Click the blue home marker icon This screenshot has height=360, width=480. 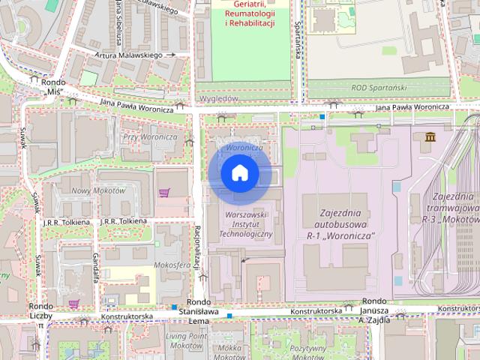tap(240, 174)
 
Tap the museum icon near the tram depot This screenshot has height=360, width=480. tap(430, 137)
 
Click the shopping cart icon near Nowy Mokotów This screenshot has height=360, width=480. tap(163, 193)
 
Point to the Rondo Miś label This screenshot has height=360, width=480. tap(53, 87)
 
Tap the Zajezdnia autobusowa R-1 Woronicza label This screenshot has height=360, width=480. tap(346, 224)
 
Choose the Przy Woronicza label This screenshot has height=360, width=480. tap(149, 136)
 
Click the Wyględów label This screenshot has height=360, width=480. tap(218, 98)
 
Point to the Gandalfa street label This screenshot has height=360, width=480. tap(96, 268)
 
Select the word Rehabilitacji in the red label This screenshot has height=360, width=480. tap(250, 23)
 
